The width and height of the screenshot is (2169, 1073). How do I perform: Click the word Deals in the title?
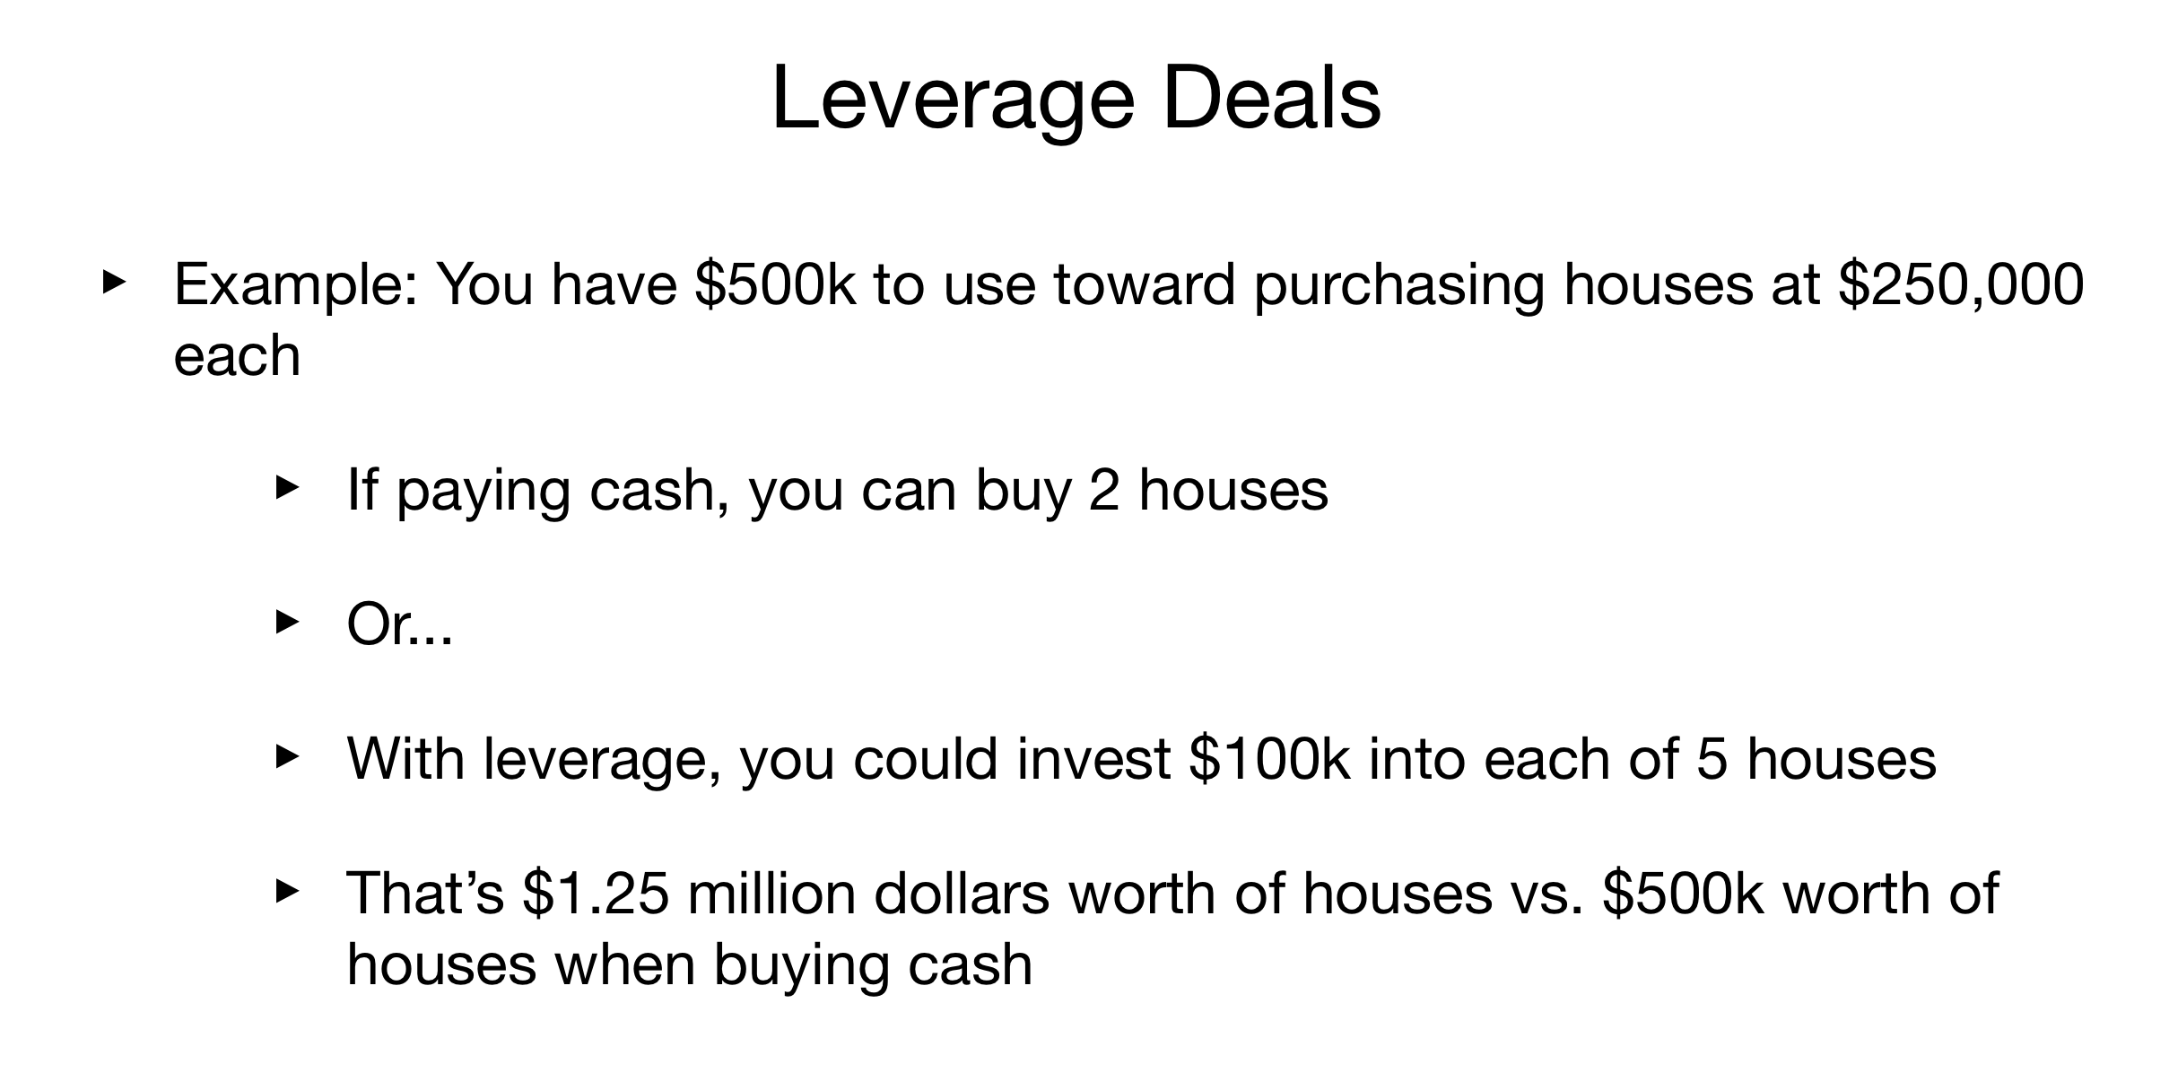click(1272, 99)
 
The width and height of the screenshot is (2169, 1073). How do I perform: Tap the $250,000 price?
click(1960, 285)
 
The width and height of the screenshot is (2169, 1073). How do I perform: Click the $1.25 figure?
click(597, 894)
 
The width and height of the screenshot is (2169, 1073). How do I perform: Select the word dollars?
click(962, 894)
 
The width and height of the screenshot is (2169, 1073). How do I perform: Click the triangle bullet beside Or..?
click(286, 622)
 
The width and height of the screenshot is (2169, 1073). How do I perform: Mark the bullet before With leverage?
click(286, 756)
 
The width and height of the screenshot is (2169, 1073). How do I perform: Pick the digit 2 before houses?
click(1105, 491)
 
